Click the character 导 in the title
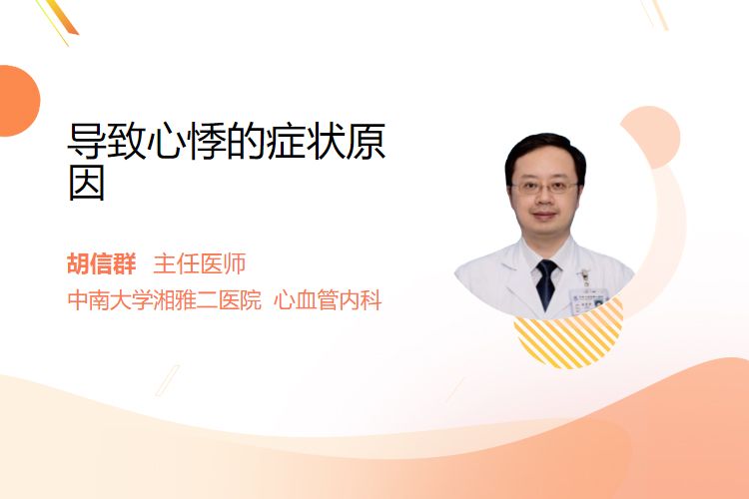(x=86, y=141)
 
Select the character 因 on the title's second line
(x=87, y=183)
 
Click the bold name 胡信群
(x=101, y=263)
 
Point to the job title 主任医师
(x=200, y=263)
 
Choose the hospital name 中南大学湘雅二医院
(x=165, y=300)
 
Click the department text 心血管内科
(x=328, y=300)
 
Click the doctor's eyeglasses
(x=544, y=187)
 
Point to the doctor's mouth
(x=544, y=216)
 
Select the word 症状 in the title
(x=307, y=141)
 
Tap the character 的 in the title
(x=246, y=141)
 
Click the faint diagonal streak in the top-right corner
(x=655, y=14)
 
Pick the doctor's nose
(x=544, y=200)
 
